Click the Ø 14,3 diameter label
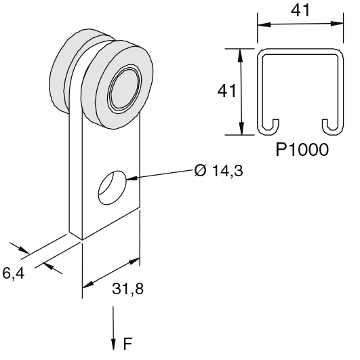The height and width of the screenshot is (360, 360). pos(218,171)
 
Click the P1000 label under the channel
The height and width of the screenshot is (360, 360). pos(302,150)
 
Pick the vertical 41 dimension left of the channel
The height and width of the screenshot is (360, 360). pos(228,91)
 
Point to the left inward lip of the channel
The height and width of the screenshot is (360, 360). pos(271,125)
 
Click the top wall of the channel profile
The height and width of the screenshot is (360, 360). pos(299,51)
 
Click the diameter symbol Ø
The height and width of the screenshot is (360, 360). pos(199,171)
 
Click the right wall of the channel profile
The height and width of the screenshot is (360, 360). pos(340,88)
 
